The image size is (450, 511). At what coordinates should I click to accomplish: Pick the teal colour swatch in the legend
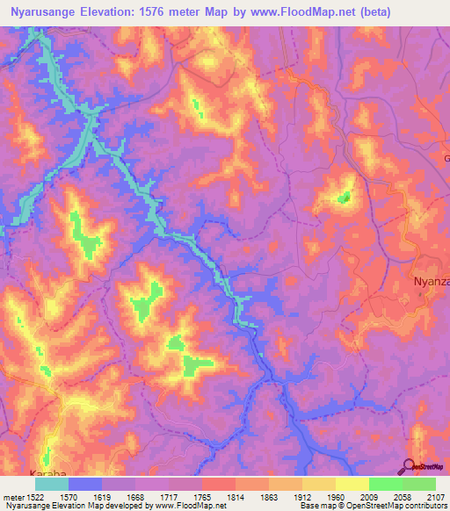(x=52, y=483)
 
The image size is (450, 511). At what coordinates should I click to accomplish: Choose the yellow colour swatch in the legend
(x=352, y=483)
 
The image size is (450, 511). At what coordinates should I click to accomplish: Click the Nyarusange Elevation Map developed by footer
(x=70, y=506)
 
